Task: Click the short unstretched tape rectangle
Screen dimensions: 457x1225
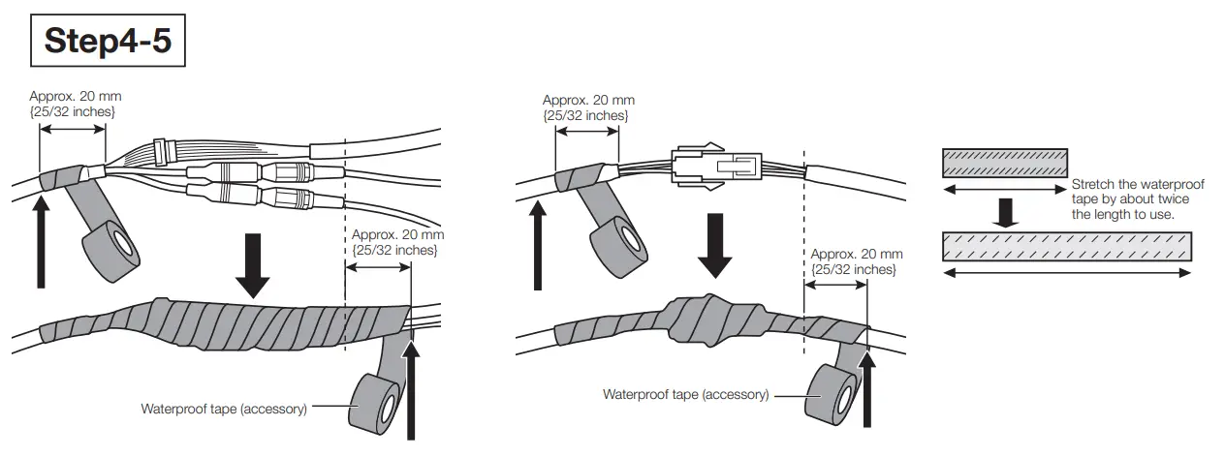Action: click(1005, 162)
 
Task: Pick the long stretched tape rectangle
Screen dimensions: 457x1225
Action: click(1067, 247)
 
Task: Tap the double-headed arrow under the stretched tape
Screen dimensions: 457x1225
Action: click(1067, 274)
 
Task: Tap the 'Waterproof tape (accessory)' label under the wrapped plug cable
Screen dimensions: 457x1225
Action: click(685, 394)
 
